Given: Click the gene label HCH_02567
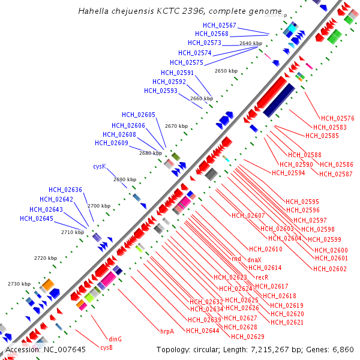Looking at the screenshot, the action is click(x=220, y=25).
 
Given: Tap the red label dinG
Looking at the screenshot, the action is click(x=115, y=339).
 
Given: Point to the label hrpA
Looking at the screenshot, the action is click(x=167, y=331).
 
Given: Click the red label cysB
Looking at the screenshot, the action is click(x=107, y=347).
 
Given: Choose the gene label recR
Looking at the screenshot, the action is click(x=262, y=277).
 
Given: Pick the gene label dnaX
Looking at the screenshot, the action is click(x=255, y=259).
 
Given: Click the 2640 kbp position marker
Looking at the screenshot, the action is click(x=251, y=43).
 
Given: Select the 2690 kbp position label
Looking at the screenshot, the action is click(x=124, y=179).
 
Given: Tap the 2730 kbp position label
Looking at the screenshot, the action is click(x=19, y=284).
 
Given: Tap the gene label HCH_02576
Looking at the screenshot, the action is click(x=338, y=118).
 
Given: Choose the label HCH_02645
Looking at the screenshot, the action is click(x=37, y=218).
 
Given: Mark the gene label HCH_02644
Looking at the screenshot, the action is click(x=202, y=331).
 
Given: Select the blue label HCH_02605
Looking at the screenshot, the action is click(x=139, y=115).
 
